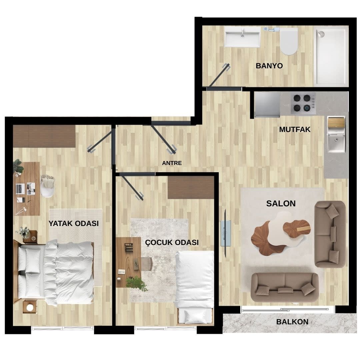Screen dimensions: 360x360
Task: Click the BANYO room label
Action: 269,66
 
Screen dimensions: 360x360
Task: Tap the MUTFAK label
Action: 295,130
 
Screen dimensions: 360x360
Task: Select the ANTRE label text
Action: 172,163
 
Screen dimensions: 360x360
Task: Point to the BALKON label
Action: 292,322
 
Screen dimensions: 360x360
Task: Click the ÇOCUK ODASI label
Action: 172,243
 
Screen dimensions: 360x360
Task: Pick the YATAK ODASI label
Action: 74,224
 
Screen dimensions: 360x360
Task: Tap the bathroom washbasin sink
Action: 242,37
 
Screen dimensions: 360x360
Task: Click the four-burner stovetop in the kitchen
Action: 303,103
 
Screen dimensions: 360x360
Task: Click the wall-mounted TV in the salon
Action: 225,233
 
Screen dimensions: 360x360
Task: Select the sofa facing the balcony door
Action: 284,287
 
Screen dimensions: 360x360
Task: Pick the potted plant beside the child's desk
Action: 137,283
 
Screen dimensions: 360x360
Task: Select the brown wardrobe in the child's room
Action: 191,187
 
